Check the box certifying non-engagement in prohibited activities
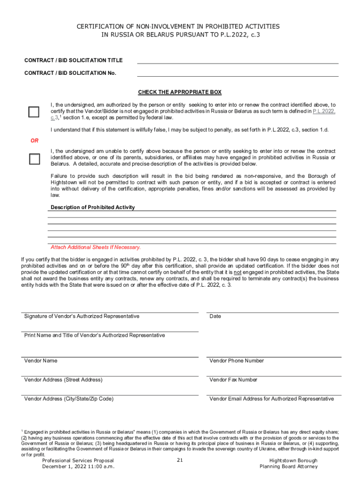(34, 112)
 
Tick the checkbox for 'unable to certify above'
(34, 159)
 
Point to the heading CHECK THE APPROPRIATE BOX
(180, 92)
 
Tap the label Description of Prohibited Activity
(93, 207)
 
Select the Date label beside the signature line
(215, 316)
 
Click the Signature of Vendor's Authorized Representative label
(81, 316)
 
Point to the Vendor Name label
(41, 361)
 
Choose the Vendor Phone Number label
(237, 361)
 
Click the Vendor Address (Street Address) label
(63, 380)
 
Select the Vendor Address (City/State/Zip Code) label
(69, 399)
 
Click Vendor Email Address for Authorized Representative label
(272, 399)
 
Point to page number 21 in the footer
(180, 460)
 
